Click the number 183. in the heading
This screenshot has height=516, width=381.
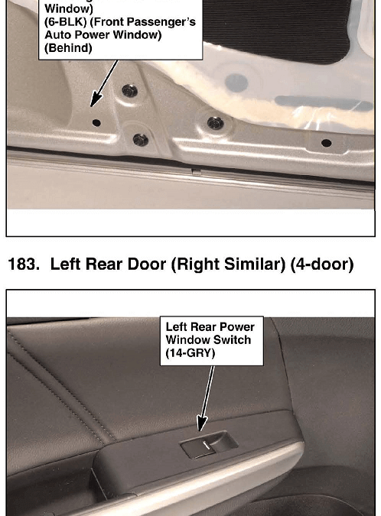[24, 264]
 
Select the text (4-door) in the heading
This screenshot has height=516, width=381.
[322, 264]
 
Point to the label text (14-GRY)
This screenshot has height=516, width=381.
[190, 353]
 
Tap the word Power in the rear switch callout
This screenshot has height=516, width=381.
[237, 326]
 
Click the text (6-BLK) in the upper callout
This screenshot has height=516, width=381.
[65, 22]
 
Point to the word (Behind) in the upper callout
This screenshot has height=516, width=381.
[68, 48]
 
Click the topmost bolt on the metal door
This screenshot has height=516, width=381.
[130, 90]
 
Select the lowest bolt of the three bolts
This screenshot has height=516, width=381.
[141, 140]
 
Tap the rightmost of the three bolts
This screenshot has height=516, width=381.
[215, 123]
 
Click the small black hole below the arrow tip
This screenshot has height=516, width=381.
[96, 123]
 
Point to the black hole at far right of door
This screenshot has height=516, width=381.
[327, 143]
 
